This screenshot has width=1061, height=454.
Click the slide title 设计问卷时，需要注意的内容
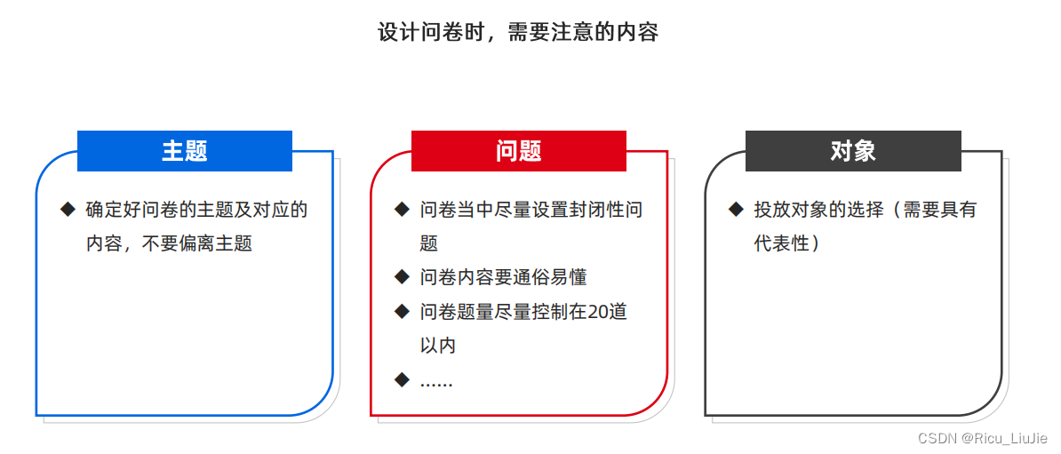tap(518, 32)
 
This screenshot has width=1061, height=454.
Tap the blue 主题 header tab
tap(185, 151)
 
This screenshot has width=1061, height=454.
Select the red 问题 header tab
tap(519, 151)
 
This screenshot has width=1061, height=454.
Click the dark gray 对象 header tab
tap(853, 151)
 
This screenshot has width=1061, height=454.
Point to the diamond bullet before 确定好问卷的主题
tap(68, 210)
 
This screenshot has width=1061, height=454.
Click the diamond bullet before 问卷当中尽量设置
tap(402, 210)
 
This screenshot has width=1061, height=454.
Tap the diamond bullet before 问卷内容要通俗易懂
tap(402, 277)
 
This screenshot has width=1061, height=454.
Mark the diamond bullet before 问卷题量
tap(402, 312)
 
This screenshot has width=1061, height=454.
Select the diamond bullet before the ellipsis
tap(402, 380)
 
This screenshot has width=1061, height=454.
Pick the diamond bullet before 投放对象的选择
tap(736, 210)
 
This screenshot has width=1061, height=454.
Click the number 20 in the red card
tap(600, 312)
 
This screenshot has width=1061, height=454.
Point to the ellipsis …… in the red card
tap(436, 382)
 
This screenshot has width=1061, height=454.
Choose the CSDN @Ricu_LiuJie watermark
tap(983, 439)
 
